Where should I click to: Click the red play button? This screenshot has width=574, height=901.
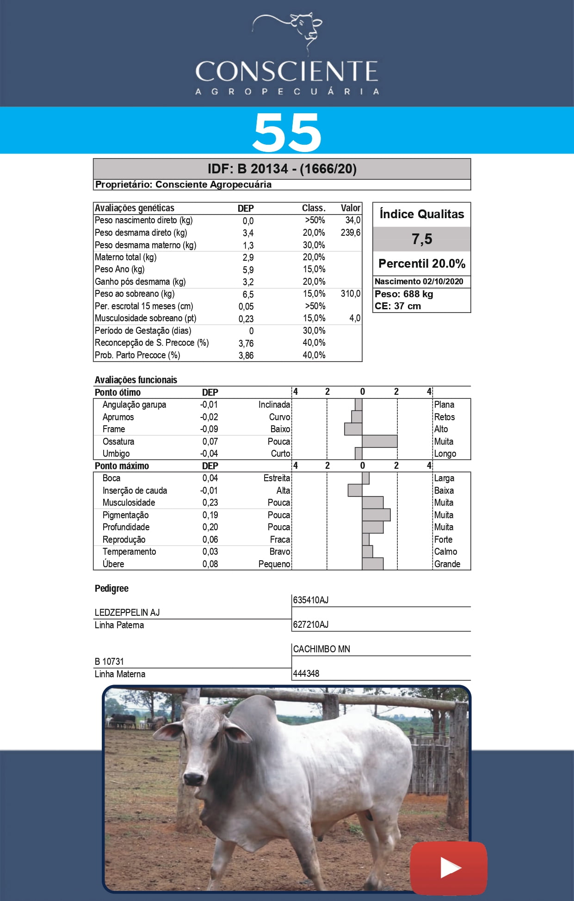pyautogui.click(x=448, y=868)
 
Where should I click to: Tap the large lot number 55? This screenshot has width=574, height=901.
pyautogui.click(x=287, y=133)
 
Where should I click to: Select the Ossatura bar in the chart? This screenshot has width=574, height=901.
pyautogui.click(x=379, y=441)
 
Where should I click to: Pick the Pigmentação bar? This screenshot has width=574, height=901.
pyautogui.click(x=376, y=515)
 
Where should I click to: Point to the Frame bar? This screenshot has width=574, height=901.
pyautogui.click(x=353, y=429)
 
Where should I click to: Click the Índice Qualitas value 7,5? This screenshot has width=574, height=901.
pyautogui.click(x=421, y=239)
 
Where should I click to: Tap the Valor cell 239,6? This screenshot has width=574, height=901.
pyautogui.click(x=350, y=233)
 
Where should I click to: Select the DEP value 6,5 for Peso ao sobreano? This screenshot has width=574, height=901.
pyautogui.click(x=248, y=294)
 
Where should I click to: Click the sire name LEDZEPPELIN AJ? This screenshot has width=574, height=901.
pyautogui.click(x=127, y=613)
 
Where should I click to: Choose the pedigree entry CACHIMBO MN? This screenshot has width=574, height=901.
pyautogui.click(x=321, y=649)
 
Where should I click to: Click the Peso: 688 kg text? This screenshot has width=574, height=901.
pyautogui.click(x=404, y=294)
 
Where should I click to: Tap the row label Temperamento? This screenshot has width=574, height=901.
pyautogui.click(x=129, y=552)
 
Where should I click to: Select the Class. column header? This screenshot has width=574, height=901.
pyautogui.click(x=314, y=208)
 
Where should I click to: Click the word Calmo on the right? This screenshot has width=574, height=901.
pyautogui.click(x=445, y=552)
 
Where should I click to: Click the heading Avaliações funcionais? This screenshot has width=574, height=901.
pyautogui.click(x=136, y=380)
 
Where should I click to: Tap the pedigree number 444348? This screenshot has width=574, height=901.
pyautogui.click(x=306, y=674)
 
